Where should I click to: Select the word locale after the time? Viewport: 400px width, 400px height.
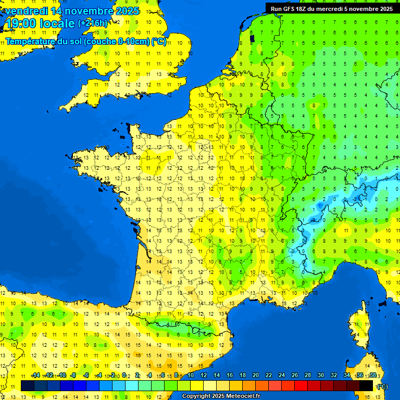(x=58, y=23)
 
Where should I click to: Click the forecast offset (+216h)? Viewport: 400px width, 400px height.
(x=92, y=23)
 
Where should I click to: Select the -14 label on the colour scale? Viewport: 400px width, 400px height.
(x=35, y=376)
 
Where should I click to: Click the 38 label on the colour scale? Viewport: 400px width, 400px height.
(x=373, y=376)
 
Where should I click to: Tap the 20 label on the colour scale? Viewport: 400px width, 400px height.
(x=256, y=376)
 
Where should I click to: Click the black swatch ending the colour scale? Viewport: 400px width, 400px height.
(x=366, y=385)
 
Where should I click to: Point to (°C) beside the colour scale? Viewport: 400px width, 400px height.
(x=382, y=386)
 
